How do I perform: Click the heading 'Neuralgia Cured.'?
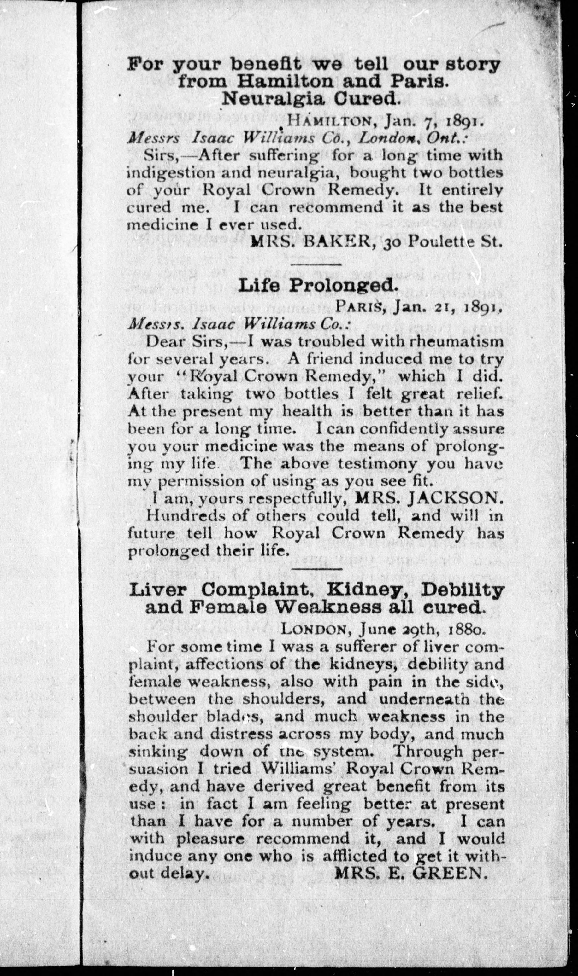tap(311, 100)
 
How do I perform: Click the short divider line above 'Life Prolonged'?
tap(316, 264)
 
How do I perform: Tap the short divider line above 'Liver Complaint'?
tap(316, 569)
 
